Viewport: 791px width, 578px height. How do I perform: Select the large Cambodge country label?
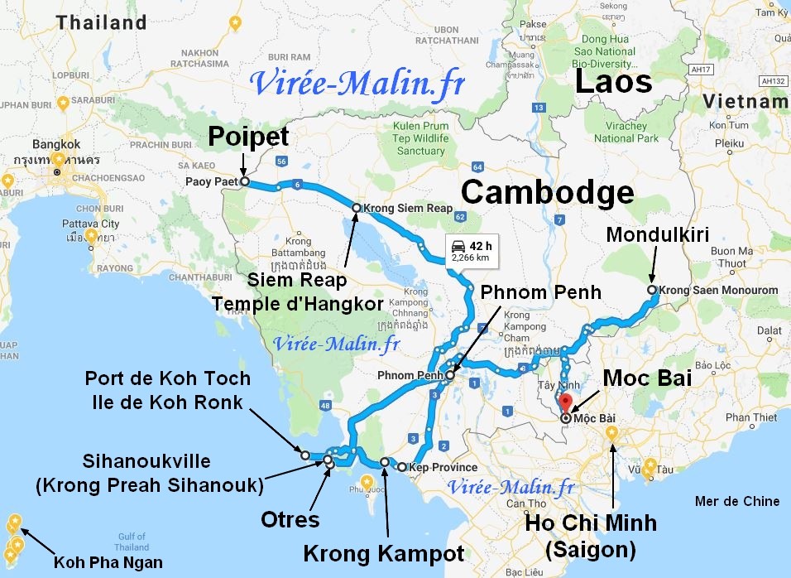point(547,192)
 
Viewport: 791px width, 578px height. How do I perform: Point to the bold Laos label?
point(613,82)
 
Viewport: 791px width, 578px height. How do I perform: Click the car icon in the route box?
point(457,245)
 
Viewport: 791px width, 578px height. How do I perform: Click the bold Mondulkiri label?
point(658,234)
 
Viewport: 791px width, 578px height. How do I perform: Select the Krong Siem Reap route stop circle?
point(357,208)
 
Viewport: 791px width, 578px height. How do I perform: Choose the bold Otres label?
point(290,520)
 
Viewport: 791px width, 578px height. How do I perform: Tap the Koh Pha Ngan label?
point(109,562)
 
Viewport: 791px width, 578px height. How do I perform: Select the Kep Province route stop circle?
point(402,467)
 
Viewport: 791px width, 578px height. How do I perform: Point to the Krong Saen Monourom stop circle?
point(652,290)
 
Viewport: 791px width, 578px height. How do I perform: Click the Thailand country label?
point(102,22)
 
